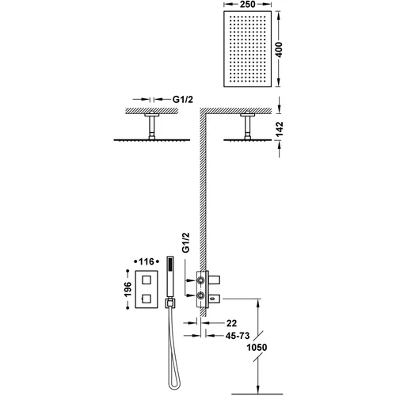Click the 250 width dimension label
[248, 4]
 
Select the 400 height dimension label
[279, 49]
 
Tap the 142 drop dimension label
[279, 129]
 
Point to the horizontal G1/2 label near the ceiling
[183, 99]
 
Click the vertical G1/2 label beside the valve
[186, 242]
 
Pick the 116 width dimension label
[147, 261]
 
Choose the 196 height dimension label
[128, 289]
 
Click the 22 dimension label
[231, 323]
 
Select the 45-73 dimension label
[238, 336]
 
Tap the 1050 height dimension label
[257, 347]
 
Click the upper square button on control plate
[147, 280]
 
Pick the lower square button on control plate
[147, 299]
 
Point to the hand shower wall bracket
[170, 303]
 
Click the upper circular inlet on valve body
[201, 280]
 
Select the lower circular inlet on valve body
[201, 295]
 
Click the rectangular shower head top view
[247, 49]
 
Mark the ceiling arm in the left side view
[152, 127]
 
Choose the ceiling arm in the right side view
[248, 127]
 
